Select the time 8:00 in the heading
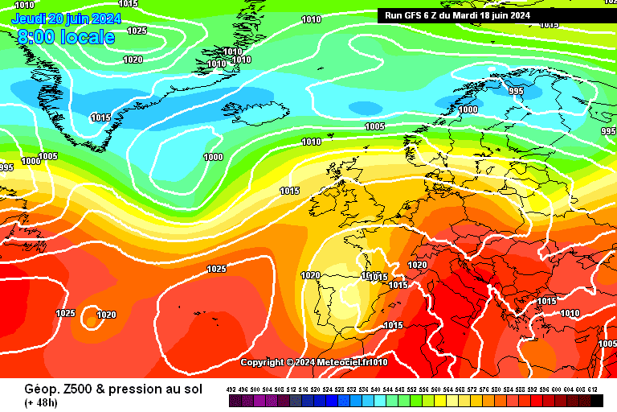37,36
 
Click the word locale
87,36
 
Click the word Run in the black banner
394,15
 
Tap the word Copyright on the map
264,363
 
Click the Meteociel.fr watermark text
337,363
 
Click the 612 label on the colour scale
593,389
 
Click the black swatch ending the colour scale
596,401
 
